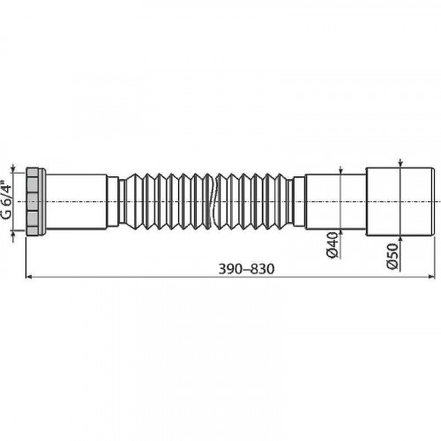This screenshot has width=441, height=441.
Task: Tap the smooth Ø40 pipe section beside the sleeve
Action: [x=340, y=202]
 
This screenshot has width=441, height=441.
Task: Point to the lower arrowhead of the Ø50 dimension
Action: [x=401, y=239]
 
